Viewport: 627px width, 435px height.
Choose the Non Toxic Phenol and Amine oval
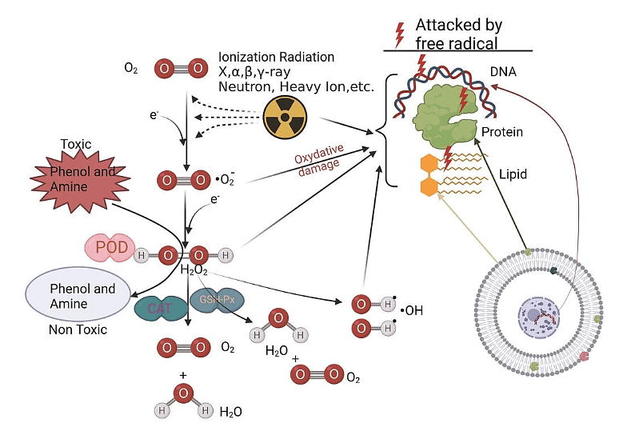point(82,294)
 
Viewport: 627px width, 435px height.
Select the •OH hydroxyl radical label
point(413,309)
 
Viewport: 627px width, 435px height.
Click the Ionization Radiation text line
point(276,58)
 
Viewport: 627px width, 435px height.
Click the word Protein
point(501,131)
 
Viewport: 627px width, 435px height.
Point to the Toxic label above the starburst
point(76,145)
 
